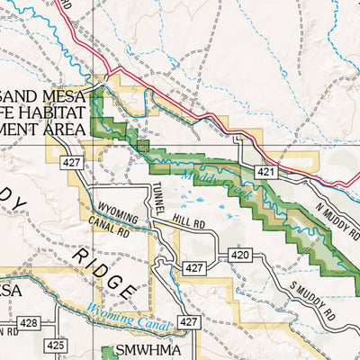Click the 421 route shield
click(264, 170)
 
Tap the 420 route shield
click(238, 256)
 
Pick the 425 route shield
click(56, 344)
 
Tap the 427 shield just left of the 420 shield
click(193, 268)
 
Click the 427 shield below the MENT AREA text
click(74, 162)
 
